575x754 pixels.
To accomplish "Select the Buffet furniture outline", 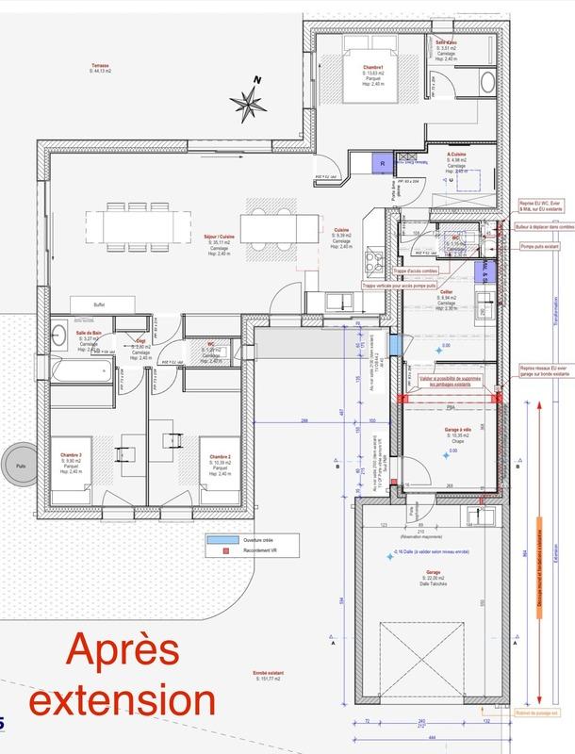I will click(x=98, y=304).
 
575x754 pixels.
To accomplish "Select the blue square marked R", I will click(x=382, y=162).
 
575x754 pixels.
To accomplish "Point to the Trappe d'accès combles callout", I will click(x=389, y=272).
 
